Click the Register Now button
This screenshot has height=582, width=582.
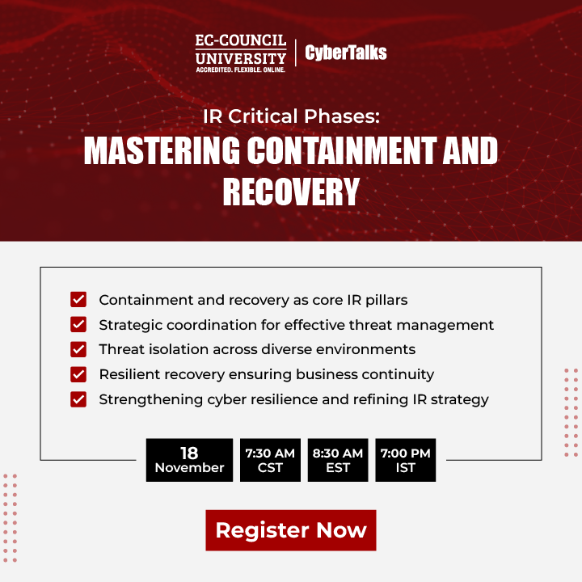click(x=291, y=530)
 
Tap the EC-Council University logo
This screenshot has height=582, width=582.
click(x=241, y=53)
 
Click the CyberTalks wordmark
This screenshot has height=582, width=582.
click(x=346, y=53)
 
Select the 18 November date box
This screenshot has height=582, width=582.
click(x=189, y=460)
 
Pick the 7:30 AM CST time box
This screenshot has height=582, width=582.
click(x=270, y=460)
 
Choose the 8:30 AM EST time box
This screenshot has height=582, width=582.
click(x=338, y=460)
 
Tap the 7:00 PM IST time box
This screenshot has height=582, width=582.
click(x=406, y=460)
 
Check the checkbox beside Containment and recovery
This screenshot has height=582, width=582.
click(x=78, y=300)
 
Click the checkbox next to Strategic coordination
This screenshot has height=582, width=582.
click(x=78, y=325)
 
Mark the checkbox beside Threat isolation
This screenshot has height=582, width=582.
click(x=78, y=350)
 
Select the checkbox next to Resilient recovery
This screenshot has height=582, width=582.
click(x=78, y=374)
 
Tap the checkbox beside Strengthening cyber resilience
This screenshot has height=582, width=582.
click(x=78, y=399)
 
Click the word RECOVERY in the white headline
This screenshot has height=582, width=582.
click(x=291, y=192)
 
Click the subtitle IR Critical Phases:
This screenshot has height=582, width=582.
click(x=291, y=116)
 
